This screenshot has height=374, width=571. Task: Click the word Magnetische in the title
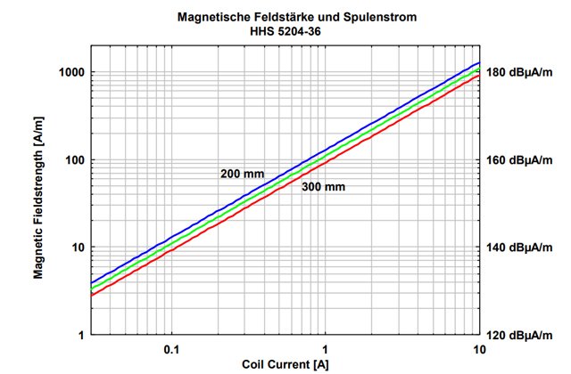pyautogui.click(x=216, y=16)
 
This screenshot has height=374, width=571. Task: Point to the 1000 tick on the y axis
pyautogui.click(x=69, y=72)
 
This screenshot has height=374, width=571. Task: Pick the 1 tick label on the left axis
pyautogui.click(x=79, y=335)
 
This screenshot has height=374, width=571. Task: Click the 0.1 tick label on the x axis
pyautogui.click(x=172, y=348)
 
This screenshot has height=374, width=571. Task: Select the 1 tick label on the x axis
pyautogui.click(x=326, y=348)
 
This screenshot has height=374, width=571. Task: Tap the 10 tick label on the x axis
pyautogui.click(x=479, y=348)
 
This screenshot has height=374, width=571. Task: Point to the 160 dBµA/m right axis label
pyautogui.click(x=522, y=160)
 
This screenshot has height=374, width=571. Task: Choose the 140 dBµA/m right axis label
pyautogui.click(x=522, y=248)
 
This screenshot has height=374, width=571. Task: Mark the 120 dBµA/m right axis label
pyautogui.click(x=522, y=335)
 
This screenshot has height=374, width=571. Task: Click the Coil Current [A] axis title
pyautogui.click(x=283, y=364)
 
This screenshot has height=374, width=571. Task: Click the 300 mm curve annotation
pyautogui.click(x=322, y=187)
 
